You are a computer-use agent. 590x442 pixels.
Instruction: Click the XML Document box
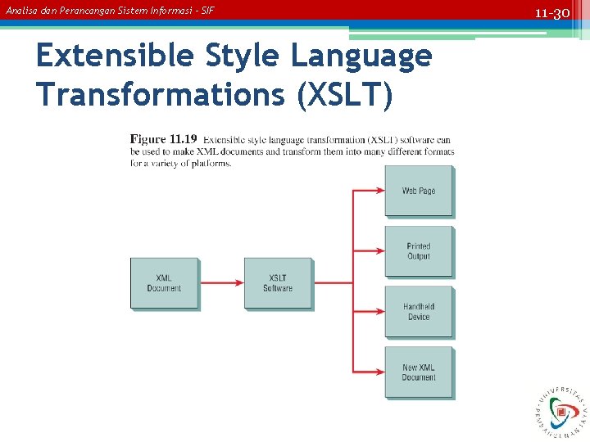(164, 283)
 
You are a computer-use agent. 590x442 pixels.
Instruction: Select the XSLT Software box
(278, 283)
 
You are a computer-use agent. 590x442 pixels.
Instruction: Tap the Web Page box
(419, 191)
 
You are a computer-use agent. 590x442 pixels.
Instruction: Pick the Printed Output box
(419, 251)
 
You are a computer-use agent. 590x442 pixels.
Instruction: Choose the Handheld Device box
(419, 312)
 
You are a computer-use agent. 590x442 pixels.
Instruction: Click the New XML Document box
(419, 372)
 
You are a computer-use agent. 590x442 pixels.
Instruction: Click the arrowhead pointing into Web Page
(379, 191)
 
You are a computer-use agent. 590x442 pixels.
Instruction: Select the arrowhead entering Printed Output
(379, 251)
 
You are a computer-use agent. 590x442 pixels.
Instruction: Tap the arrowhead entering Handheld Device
(379, 312)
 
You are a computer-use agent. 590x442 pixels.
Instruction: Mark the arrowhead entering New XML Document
(379, 372)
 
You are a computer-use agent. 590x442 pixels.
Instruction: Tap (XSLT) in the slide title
(344, 94)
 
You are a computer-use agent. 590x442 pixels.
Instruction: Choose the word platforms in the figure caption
(211, 163)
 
